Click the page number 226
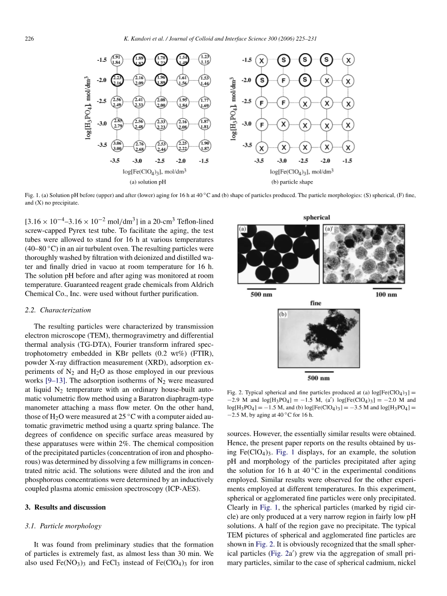(x=29, y=39)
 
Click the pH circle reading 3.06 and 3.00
(x=117, y=146)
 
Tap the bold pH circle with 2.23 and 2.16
(x=117, y=80)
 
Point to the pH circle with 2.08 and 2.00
(x=161, y=102)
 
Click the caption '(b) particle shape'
(x=292, y=182)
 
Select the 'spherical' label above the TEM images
(x=317, y=218)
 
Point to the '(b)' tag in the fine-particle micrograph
(x=283, y=314)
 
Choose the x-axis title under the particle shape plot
(x=302, y=171)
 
